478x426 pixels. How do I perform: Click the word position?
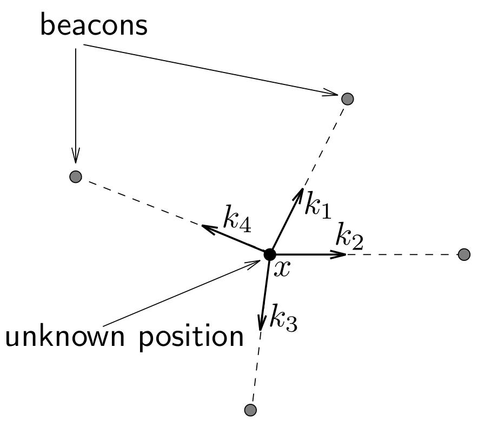click(x=191, y=337)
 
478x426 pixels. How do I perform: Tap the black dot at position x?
click(x=269, y=254)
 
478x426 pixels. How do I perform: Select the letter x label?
click(x=282, y=268)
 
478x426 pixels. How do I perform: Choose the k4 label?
click(x=237, y=219)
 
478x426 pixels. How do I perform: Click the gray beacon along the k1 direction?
click(x=348, y=99)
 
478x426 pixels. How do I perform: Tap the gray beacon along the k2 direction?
click(x=464, y=254)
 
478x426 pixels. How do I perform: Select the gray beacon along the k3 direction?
click(x=250, y=410)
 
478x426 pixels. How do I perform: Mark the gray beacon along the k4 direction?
click(x=76, y=176)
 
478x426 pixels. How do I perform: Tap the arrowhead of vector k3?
click(x=261, y=325)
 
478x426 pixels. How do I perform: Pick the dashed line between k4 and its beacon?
click(x=141, y=202)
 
